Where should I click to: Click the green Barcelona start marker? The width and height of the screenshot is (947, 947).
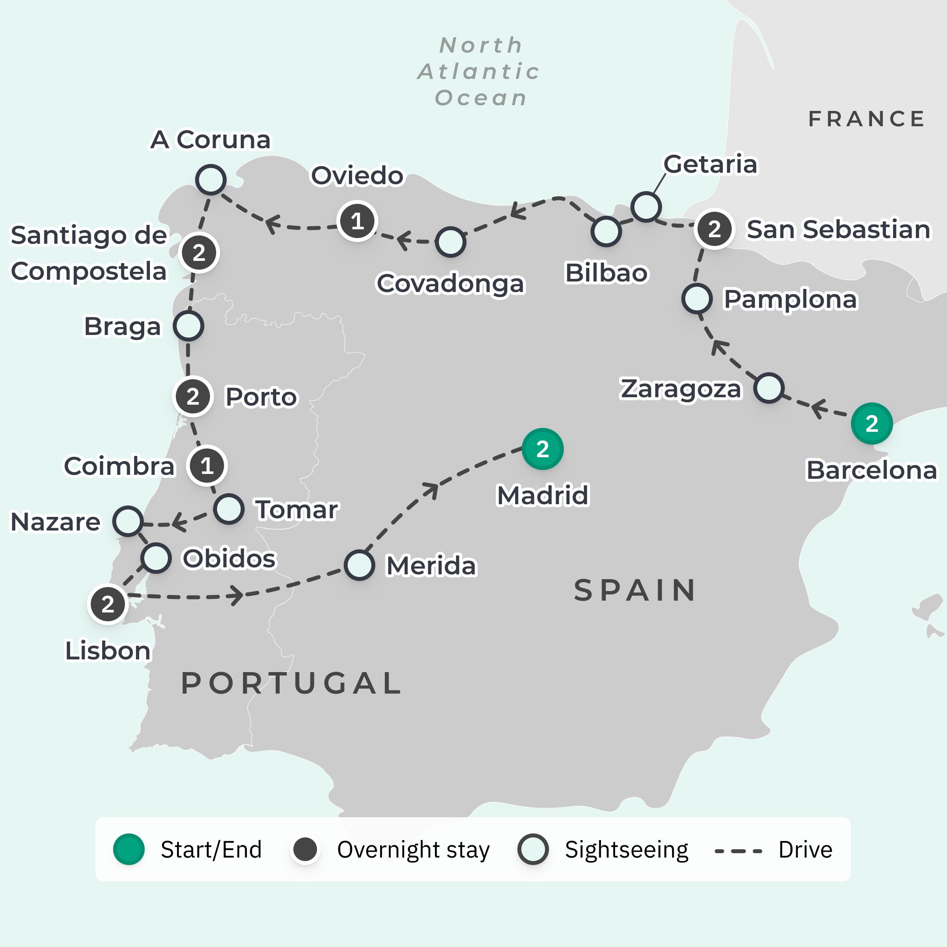[872, 424]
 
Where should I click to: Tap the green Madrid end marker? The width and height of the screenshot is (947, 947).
[542, 449]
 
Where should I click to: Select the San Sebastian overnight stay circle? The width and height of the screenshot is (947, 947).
[714, 229]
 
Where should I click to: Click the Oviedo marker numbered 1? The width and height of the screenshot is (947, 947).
[357, 221]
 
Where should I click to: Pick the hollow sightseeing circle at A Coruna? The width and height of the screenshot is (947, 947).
[211, 180]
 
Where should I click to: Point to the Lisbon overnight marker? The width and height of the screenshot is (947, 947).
[108, 605]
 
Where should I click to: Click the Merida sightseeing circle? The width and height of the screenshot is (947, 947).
[360, 565]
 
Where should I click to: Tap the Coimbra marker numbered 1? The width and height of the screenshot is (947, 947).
[207, 466]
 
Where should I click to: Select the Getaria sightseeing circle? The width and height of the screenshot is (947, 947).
[645, 206]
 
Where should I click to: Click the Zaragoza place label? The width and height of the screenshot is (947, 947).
[681, 389]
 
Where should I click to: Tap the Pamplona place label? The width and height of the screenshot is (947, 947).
[790, 299]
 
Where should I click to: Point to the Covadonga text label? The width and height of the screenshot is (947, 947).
[450, 283]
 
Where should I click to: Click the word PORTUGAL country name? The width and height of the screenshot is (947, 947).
[291, 684]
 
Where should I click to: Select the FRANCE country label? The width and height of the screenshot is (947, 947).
[866, 119]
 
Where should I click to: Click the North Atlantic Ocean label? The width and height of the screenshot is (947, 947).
[479, 71]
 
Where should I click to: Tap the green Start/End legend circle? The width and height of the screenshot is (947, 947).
[128, 850]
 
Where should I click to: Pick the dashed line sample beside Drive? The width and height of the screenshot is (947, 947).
[738, 851]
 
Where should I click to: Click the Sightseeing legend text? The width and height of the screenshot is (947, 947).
[626, 850]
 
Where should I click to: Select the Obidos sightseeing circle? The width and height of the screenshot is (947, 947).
[156, 558]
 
